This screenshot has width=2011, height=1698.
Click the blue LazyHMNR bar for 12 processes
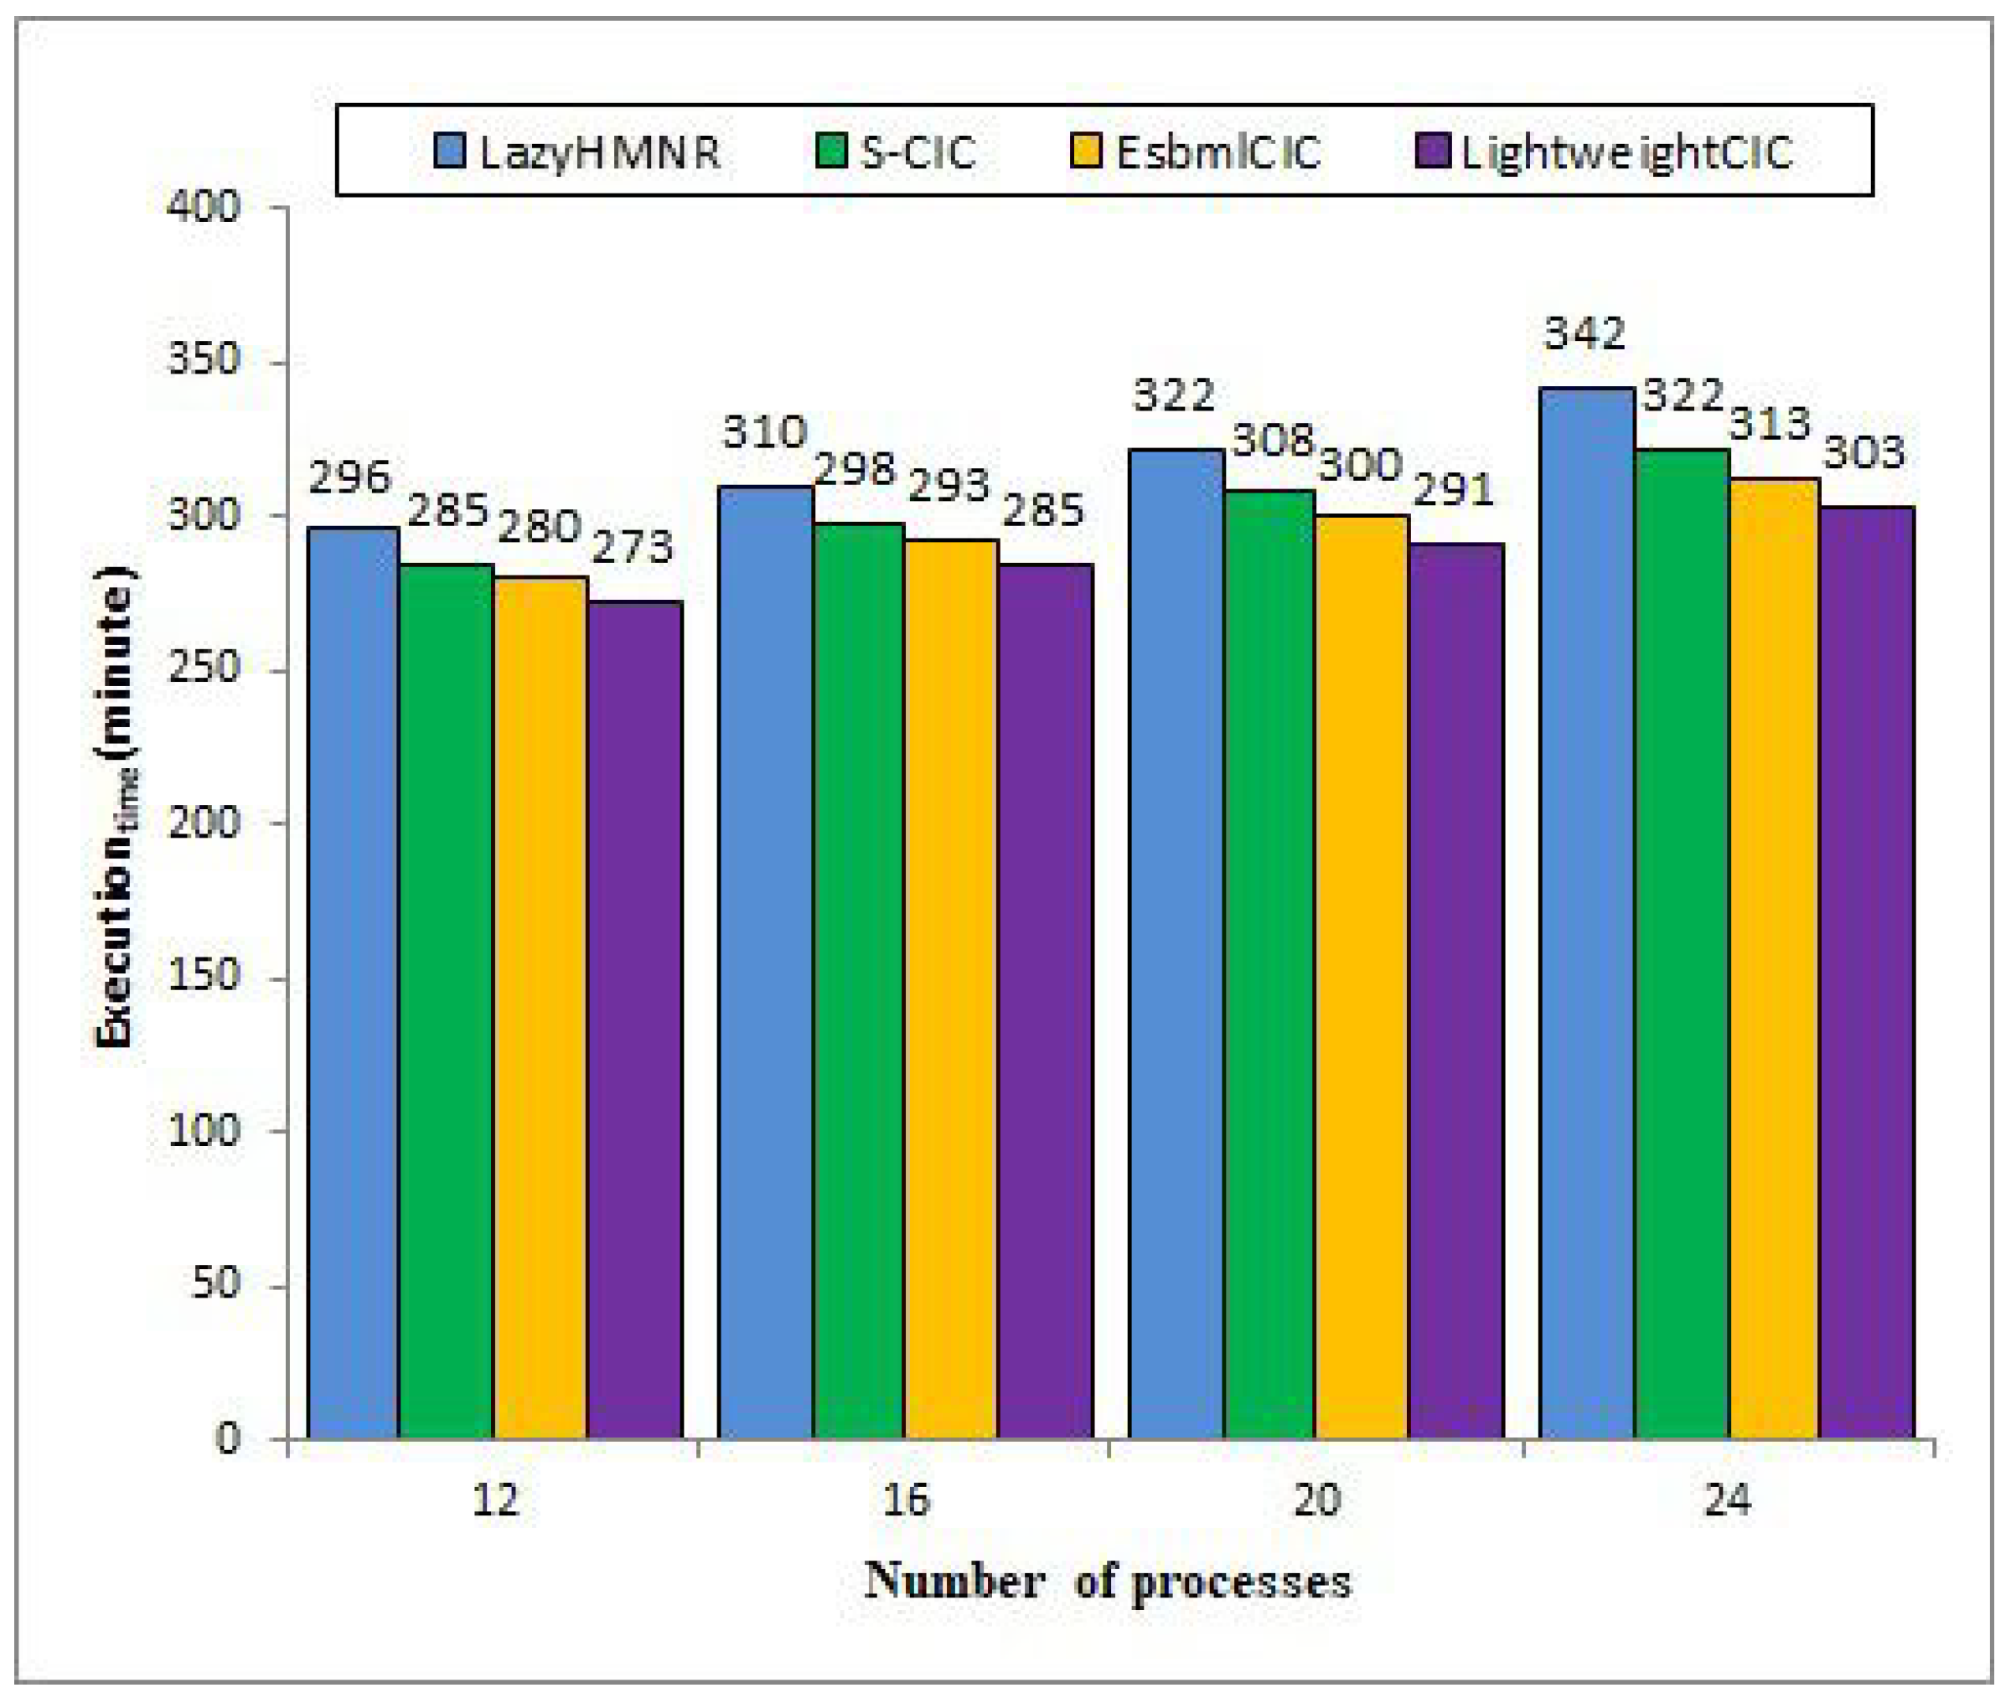click(352, 982)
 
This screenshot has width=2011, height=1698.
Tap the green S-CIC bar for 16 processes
click(859, 982)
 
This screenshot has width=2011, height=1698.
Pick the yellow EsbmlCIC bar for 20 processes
click(1362, 977)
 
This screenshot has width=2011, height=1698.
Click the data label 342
click(1584, 334)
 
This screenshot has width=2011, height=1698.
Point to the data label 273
click(632, 548)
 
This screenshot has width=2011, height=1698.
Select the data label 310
click(764, 433)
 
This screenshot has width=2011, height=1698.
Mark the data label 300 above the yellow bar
click(1359, 466)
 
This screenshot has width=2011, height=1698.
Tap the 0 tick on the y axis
click(226, 1438)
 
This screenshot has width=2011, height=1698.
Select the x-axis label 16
click(905, 1499)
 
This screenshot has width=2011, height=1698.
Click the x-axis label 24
click(1726, 1499)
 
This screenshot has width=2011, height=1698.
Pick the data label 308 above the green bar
click(1273, 441)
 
